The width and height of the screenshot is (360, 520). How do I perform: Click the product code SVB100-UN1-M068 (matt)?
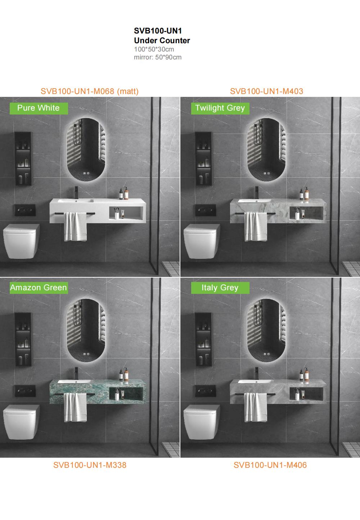pos(90,91)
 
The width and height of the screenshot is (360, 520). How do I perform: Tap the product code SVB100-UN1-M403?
pos(266,91)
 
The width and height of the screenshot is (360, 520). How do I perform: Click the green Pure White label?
pos(39,108)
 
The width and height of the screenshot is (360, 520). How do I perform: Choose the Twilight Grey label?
pos(220,108)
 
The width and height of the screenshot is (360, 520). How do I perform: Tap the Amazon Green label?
pos(39,288)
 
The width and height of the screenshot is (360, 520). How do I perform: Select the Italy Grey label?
pos(220,288)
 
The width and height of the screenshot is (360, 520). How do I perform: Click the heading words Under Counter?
pos(162,41)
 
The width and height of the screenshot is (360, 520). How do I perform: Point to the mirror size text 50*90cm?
pos(168,57)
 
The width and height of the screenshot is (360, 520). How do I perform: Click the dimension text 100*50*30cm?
pos(154,49)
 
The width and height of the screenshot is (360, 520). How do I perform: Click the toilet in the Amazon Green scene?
pos(21,422)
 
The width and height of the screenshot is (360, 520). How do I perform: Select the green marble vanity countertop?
pos(98,392)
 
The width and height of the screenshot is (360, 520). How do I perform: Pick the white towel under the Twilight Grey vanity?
pos(256,227)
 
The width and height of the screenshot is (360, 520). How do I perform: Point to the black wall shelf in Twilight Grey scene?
pos(203,159)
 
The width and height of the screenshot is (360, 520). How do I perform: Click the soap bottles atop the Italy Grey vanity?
pos(304,374)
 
